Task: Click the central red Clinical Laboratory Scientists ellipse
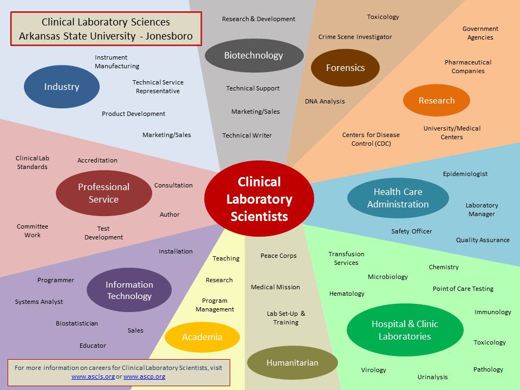click(259, 199)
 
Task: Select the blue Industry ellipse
click(62, 87)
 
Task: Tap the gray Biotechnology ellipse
click(253, 55)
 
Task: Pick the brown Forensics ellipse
click(345, 68)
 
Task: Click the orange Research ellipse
click(437, 100)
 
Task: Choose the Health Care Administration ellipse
click(398, 198)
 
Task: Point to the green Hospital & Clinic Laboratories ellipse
click(405, 330)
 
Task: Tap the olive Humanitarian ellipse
click(292, 363)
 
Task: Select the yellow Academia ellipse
click(202, 337)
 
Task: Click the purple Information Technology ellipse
click(129, 290)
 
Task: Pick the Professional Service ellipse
click(103, 193)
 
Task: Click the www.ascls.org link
click(93, 376)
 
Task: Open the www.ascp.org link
click(144, 376)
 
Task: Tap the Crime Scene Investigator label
click(355, 37)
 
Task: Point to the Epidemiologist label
click(465, 174)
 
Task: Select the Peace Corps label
click(278, 256)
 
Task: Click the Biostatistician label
click(77, 323)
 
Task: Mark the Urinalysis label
click(432, 377)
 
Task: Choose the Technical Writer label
click(247, 135)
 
